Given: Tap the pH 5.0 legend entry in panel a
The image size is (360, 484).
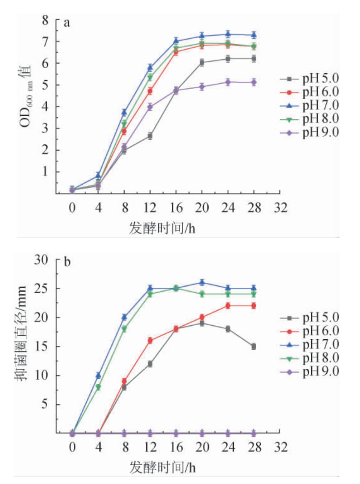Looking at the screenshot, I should click(309, 78).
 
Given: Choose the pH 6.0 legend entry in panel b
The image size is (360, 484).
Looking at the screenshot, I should click(309, 331).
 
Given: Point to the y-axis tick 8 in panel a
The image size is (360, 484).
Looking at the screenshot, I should click(46, 20).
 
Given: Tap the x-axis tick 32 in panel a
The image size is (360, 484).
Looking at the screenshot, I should click(280, 208).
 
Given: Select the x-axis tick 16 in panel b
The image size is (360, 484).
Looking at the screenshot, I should click(176, 447).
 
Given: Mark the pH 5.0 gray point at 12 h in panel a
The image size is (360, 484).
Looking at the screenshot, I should click(150, 136).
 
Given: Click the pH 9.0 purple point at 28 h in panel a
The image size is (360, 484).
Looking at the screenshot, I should click(254, 82).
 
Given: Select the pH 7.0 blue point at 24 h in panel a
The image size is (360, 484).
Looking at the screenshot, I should click(228, 35).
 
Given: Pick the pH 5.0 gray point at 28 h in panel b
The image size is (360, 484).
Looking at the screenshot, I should click(254, 346).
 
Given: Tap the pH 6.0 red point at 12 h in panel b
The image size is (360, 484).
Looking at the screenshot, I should click(150, 340).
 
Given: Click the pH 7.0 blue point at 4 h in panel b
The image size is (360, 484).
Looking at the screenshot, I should click(98, 375).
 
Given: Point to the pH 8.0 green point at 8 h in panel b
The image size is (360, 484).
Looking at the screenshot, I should click(124, 329).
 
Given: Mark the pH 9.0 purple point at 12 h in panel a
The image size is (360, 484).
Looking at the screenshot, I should click(150, 107).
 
